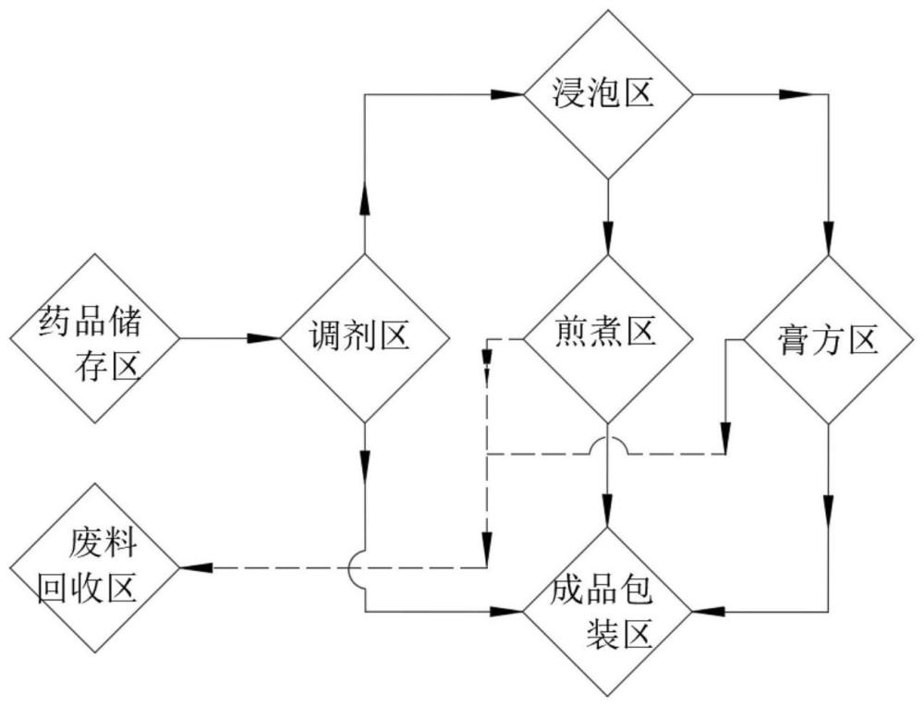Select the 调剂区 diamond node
366,338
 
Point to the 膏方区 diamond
827,339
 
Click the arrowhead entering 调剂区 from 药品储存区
266,339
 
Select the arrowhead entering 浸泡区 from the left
507,93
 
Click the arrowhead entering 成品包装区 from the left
508,611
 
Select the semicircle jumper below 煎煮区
607,444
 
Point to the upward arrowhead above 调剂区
366,199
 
